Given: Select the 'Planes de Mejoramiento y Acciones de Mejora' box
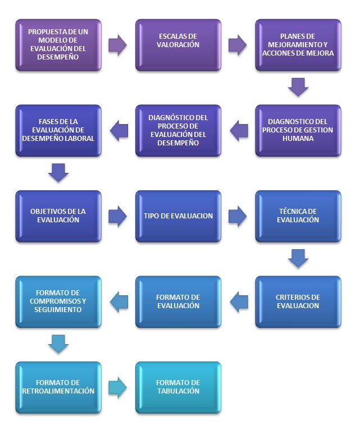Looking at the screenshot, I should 298,45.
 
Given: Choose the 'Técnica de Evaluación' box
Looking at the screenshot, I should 298,216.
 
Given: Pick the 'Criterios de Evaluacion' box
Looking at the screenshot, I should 298,301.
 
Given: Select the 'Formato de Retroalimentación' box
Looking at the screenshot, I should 58,387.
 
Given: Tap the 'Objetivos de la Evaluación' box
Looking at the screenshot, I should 58,216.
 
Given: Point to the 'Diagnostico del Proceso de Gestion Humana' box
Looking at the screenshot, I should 298,130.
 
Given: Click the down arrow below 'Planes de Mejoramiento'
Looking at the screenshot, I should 298,88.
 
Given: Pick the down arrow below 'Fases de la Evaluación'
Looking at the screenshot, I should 58,173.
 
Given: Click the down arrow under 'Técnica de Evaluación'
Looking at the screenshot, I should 298,259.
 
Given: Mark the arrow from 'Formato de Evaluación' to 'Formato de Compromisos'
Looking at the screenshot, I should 119,301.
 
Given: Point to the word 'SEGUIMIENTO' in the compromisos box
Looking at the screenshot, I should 58,310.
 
